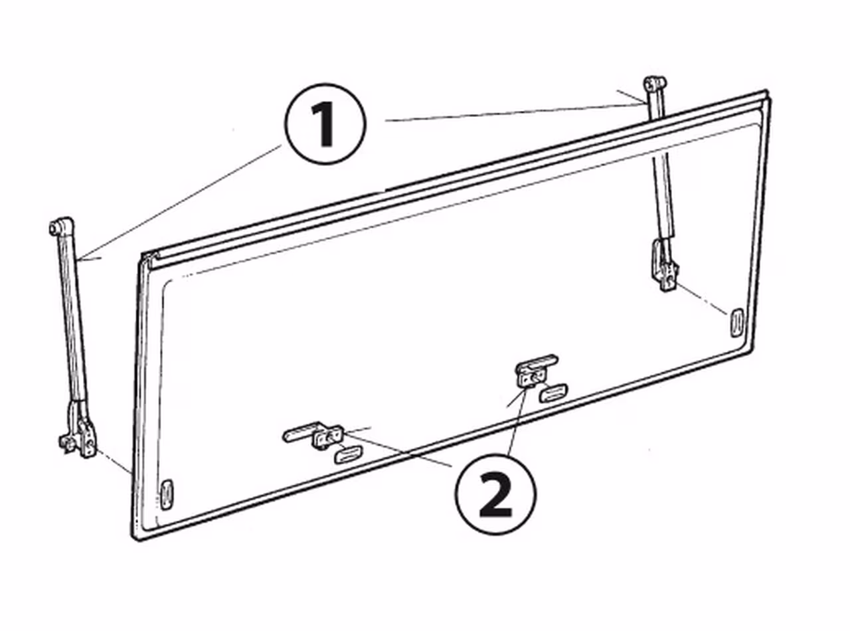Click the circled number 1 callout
tap(325, 124)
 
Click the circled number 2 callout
tap(495, 494)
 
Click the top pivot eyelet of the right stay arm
tap(655, 83)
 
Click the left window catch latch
tap(313, 434)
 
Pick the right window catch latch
tap(535, 371)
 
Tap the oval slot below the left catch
tap(348, 455)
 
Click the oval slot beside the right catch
tap(553, 393)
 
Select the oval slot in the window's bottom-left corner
tap(166, 494)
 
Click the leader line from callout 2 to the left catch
tap(398, 448)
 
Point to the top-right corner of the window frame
tap(767, 92)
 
